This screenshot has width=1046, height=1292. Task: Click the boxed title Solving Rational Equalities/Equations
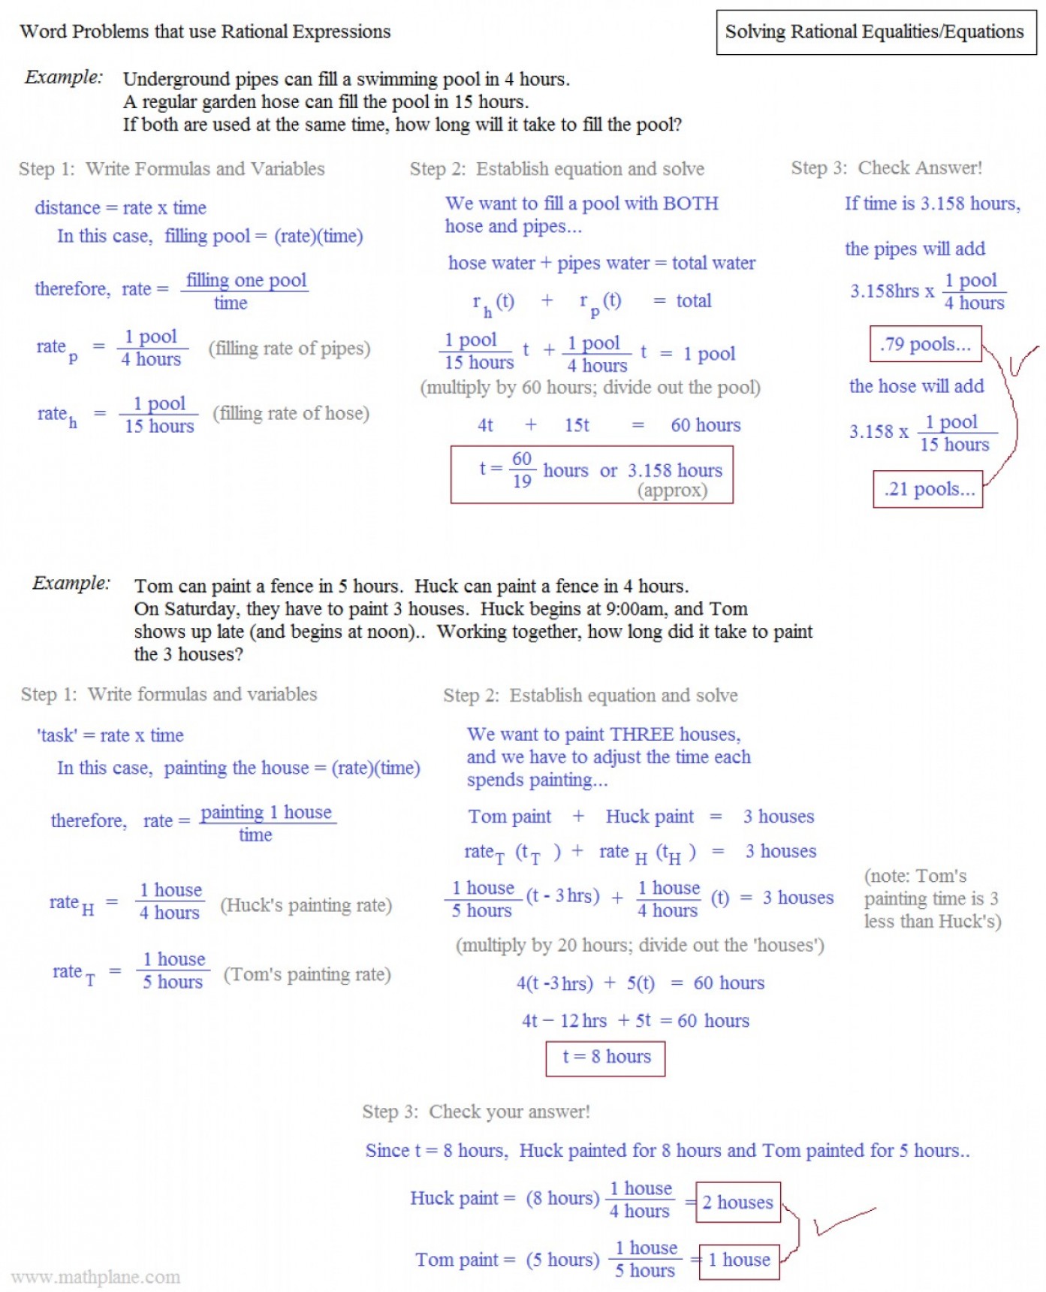point(875,32)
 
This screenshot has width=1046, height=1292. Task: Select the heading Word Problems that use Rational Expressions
point(205,32)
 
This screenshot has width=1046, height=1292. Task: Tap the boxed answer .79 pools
point(925,344)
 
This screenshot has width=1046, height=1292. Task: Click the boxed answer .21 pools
point(928,489)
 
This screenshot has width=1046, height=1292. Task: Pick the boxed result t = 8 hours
point(605,1058)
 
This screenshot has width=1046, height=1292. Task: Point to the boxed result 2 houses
point(737,1202)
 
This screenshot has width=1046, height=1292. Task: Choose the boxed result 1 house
point(739,1260)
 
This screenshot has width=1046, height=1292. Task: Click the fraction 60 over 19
point(522,469)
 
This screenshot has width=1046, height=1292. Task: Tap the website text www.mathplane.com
point(96,1277)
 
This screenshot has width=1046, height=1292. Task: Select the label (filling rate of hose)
point(291,413)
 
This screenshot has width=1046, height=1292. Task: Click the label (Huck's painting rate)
point(306,905)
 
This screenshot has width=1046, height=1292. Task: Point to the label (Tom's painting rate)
point(307,974)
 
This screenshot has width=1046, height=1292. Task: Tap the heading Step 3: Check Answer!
point(886,168)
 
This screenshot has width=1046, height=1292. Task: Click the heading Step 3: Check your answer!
point(476,1112)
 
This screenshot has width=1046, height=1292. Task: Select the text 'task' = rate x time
point(110,735)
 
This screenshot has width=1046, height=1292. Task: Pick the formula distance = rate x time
point(120,208)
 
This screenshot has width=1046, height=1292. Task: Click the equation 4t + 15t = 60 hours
point(608,425)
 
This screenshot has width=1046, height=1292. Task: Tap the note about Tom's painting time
point(932,898)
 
